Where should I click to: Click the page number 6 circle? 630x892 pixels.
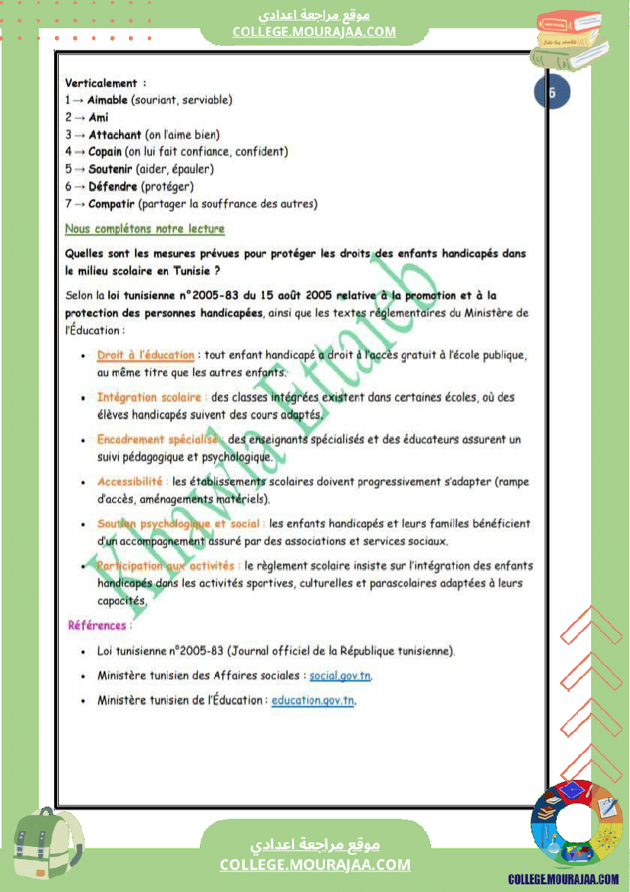pyautogui.click(x=552, y=94)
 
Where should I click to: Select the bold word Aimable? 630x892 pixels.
pyautogui.click(x=108, y=100)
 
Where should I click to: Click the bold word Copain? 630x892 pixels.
pyautogui.click(x=105, y=152)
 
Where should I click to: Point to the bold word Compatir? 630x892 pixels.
pyautogui.click(x=111, y=204)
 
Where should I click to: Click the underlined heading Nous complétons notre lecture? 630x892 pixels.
pyautogui.click(x=145, y=229)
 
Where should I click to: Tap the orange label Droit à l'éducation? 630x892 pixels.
pyautogui.click(x=146, y=355)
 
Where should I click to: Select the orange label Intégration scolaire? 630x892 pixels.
pyautogui.click(x=149, y=397)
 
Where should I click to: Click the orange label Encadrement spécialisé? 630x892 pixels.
pyautogui.click(x=157, y=440)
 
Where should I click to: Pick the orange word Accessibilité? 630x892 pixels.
pyautogui.click(x=130, y=481)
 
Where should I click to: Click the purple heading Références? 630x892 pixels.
pyautogui.click(x=97, y=626)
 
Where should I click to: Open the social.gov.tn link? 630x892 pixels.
pyautogui.click(x=340, y=676)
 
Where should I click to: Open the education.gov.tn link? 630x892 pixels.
pyautogui.click(x=313, y=700)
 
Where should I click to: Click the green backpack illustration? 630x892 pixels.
pyautogui.click(x=47, y=844)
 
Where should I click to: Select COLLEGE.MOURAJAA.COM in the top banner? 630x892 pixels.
pyautogui.click(x=314, y=31)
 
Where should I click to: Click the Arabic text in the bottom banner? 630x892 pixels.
pyautogui.click(x=315, y=845)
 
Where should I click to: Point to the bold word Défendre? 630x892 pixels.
pyautogui.click(x=113, y=186)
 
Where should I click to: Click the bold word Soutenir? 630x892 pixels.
pyautogui.click(x=111, y=169)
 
